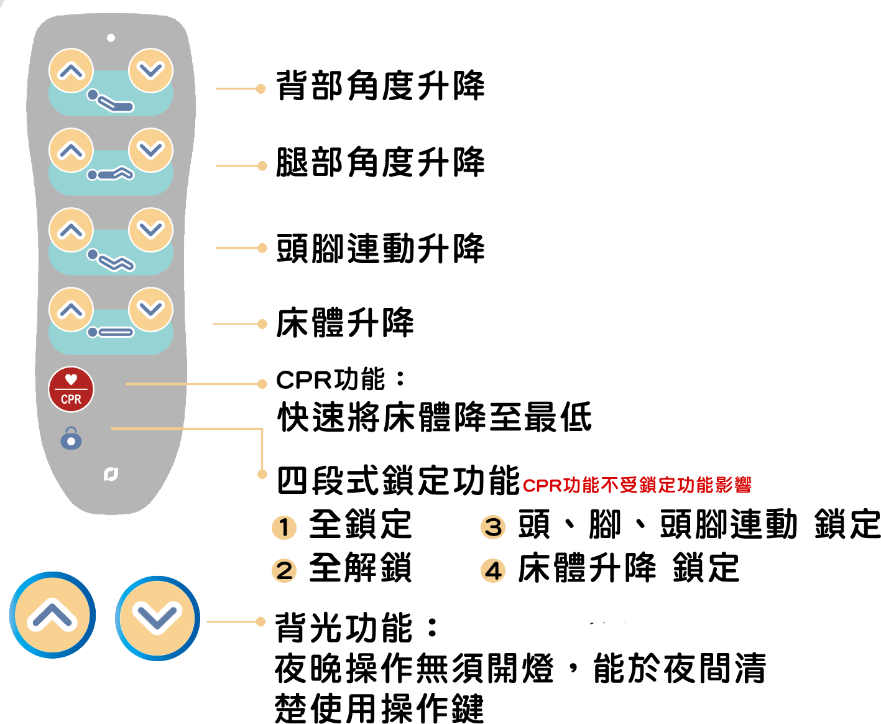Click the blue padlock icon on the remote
71,438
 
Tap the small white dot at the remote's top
111,38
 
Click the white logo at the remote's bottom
111,475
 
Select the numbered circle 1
284,528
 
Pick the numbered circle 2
284,570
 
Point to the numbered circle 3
493,527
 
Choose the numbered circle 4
493,570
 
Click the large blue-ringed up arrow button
52,615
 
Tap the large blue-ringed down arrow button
157,618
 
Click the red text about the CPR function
637,485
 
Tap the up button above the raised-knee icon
71,151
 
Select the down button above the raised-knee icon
150,151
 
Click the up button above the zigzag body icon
71,230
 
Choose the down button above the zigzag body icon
150,230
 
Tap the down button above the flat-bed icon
150,310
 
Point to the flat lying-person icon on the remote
111,332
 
